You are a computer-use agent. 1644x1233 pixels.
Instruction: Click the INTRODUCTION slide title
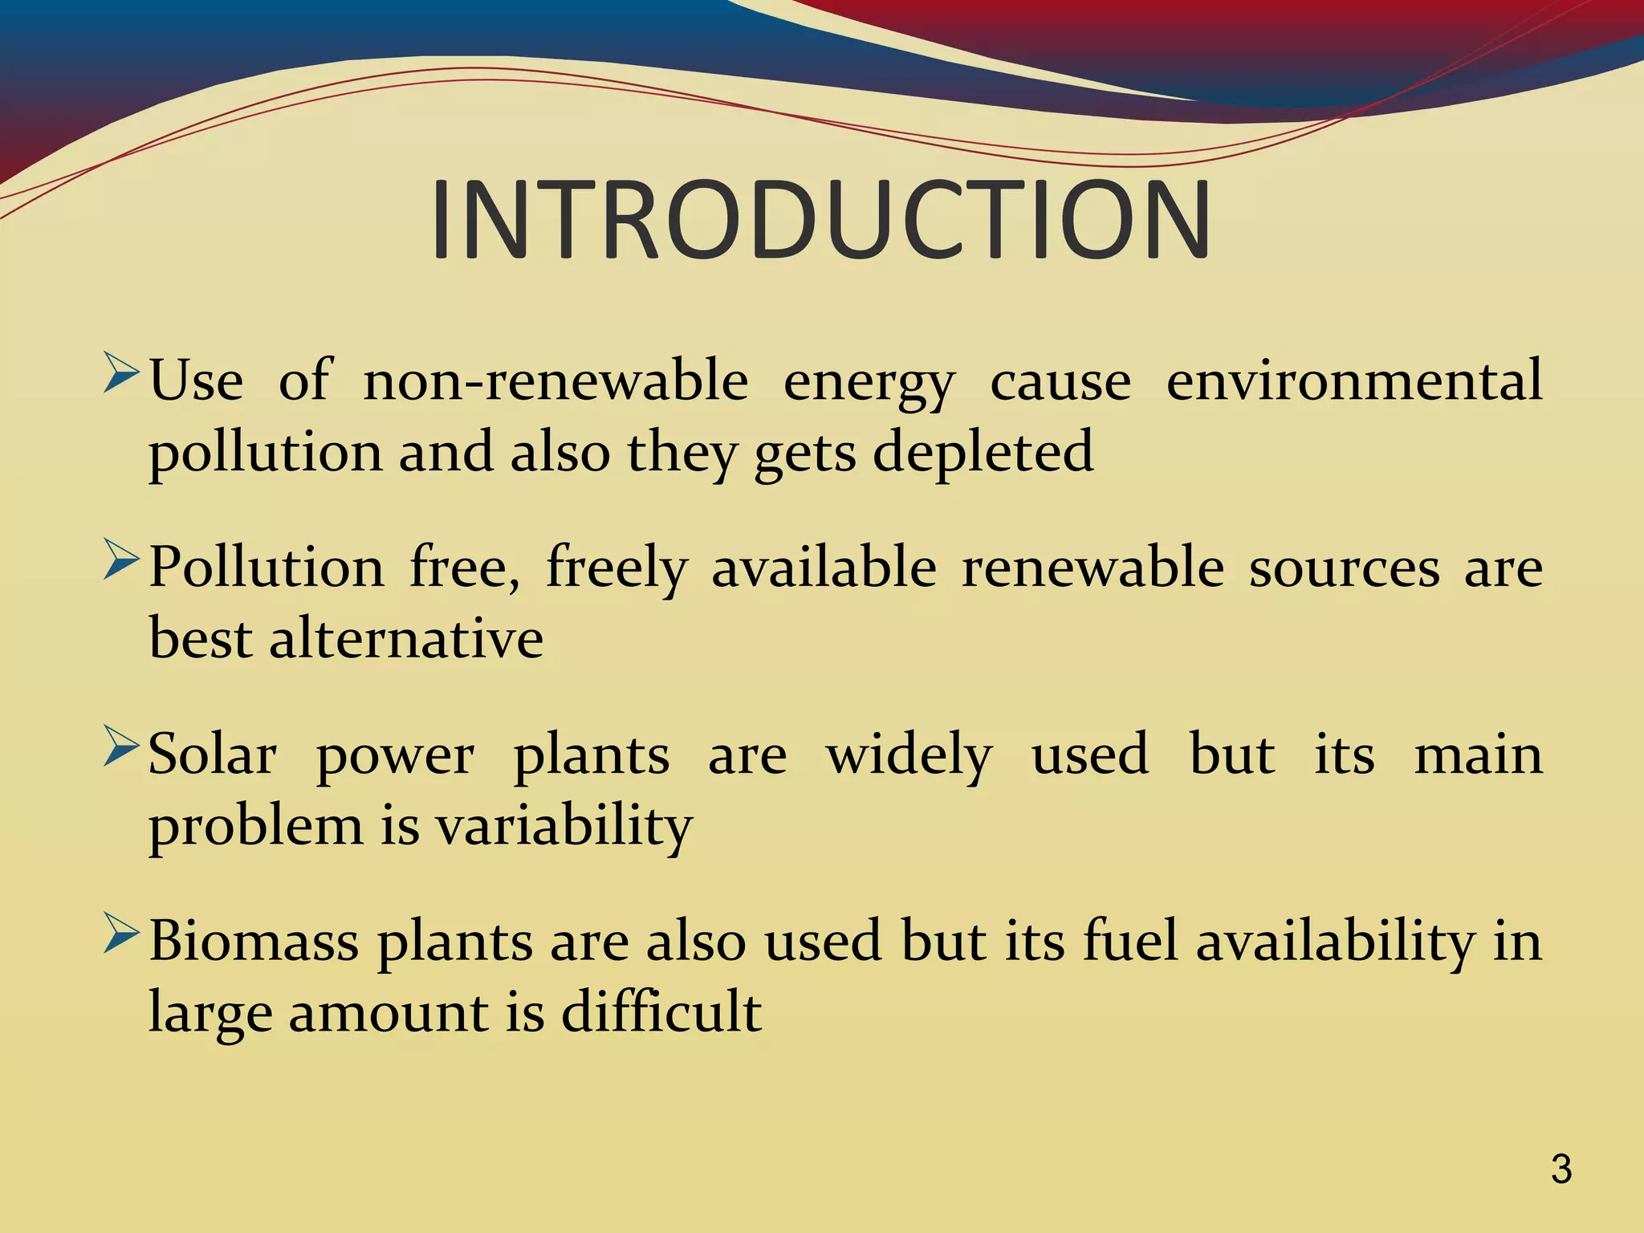(x=820, y=220)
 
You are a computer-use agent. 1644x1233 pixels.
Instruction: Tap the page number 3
(x=1561, y=1169)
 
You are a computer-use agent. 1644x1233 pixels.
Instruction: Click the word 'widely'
(x=909, y=756)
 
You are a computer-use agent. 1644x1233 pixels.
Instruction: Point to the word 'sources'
(x=1344, y=568)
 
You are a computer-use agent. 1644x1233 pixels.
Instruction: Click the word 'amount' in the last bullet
(x=389, y=1013)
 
